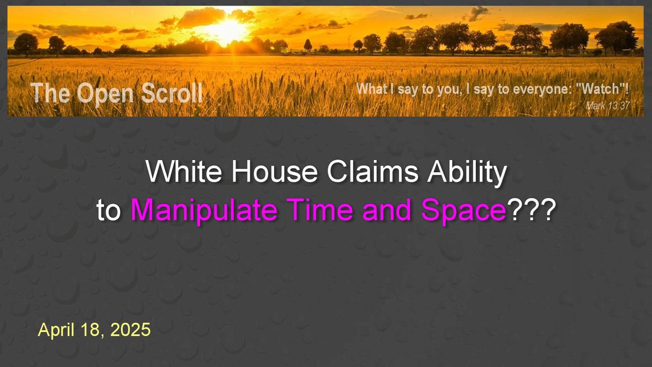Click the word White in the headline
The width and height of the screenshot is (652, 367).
(x=184, y=171)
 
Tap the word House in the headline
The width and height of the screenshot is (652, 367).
(x=274, y=171)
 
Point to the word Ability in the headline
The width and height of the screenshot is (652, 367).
(x=467, y=173)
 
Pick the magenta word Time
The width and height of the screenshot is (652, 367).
(x=321, y=209)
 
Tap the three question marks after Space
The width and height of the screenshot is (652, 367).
(x=531, y=209)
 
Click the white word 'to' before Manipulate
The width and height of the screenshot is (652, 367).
(x=108, y=211)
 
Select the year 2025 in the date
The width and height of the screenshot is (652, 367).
(x=130, y=330)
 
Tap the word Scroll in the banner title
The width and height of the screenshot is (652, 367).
(x=172, y=93)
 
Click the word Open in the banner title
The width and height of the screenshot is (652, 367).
(x=104, y=94)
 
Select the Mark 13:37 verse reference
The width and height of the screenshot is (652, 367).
(x=608, y=106)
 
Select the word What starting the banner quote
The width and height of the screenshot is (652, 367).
(x=372, y=89)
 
